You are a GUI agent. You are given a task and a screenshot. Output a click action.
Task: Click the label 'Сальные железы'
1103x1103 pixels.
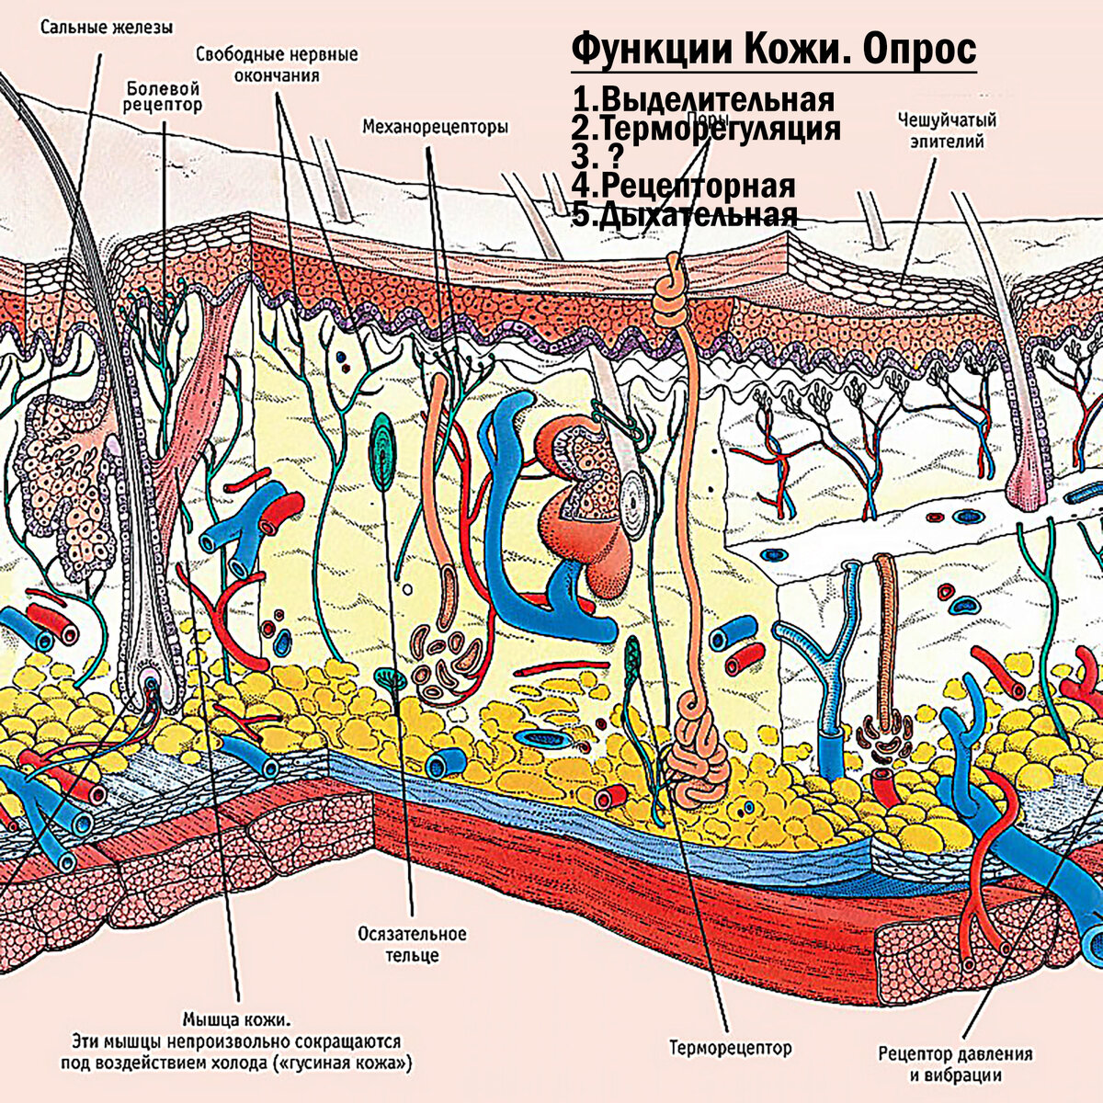coord(106,28)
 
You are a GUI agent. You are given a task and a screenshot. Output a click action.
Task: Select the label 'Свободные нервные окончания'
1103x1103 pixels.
coord(277,64)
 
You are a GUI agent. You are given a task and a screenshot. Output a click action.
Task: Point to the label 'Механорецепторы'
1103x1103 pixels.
coord(435,127)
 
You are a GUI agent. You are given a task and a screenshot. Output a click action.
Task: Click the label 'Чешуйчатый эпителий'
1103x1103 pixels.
coord(947,130)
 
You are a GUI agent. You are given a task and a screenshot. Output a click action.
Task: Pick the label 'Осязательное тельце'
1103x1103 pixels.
coord(412,945)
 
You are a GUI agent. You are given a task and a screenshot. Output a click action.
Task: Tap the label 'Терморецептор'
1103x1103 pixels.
coord(730,1047)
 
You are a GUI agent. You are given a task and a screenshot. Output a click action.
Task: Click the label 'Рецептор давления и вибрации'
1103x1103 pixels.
coord(955,1064)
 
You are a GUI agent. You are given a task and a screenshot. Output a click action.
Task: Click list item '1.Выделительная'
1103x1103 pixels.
coord(703,98)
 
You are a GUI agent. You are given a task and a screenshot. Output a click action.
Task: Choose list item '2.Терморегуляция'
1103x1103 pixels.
coord(706,128)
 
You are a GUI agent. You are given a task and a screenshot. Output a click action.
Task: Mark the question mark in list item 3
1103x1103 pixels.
coord(605,156)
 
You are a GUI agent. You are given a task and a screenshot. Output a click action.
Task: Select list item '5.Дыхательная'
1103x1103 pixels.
coord(684,215)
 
